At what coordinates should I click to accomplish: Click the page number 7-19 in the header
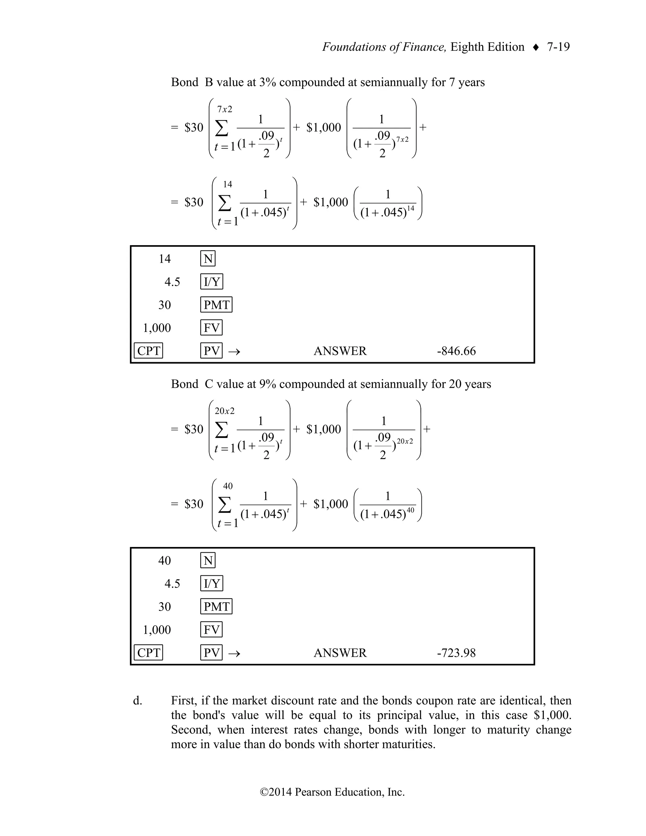pos(558,47)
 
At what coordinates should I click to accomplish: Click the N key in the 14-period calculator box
pos(208,259)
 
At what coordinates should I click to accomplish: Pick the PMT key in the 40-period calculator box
pos(216,606)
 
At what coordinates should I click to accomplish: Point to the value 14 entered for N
pos(165,259)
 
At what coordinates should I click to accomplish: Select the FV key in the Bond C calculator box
pos(211,629)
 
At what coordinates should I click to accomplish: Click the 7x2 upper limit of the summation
pos(225,109)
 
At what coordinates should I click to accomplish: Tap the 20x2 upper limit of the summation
pos(225,411)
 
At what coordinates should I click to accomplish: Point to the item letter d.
pos(138,701)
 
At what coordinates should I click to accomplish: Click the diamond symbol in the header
pos(536,47)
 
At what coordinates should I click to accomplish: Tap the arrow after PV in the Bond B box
pos(234,351)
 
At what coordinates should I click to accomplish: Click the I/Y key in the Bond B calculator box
pos(212,282)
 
